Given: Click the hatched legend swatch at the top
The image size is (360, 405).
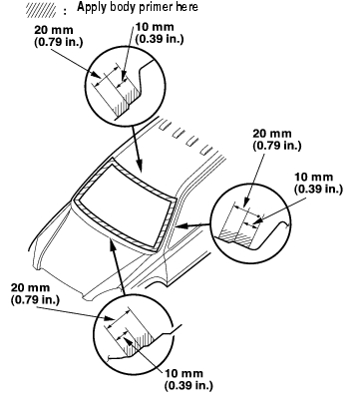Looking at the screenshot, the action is (x=41, y=10).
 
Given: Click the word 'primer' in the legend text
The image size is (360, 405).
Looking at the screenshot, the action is (x=149, y=7).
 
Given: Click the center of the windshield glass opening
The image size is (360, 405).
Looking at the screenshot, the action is (x=126, y=199).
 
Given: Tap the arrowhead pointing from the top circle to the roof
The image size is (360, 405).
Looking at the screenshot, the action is (x=139, y=166).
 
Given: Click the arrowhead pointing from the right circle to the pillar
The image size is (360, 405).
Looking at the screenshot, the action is (x=180, y=226).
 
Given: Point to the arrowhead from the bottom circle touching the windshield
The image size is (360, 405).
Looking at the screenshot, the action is (x=113, y=243).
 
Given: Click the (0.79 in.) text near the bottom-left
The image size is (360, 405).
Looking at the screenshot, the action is (x=35, y=299).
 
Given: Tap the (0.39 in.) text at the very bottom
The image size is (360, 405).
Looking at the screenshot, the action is (x=188, y=385).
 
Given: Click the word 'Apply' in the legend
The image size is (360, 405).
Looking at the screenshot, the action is (x=88, y=7).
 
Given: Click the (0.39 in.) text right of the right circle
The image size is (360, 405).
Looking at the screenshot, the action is (x=318, y=189).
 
